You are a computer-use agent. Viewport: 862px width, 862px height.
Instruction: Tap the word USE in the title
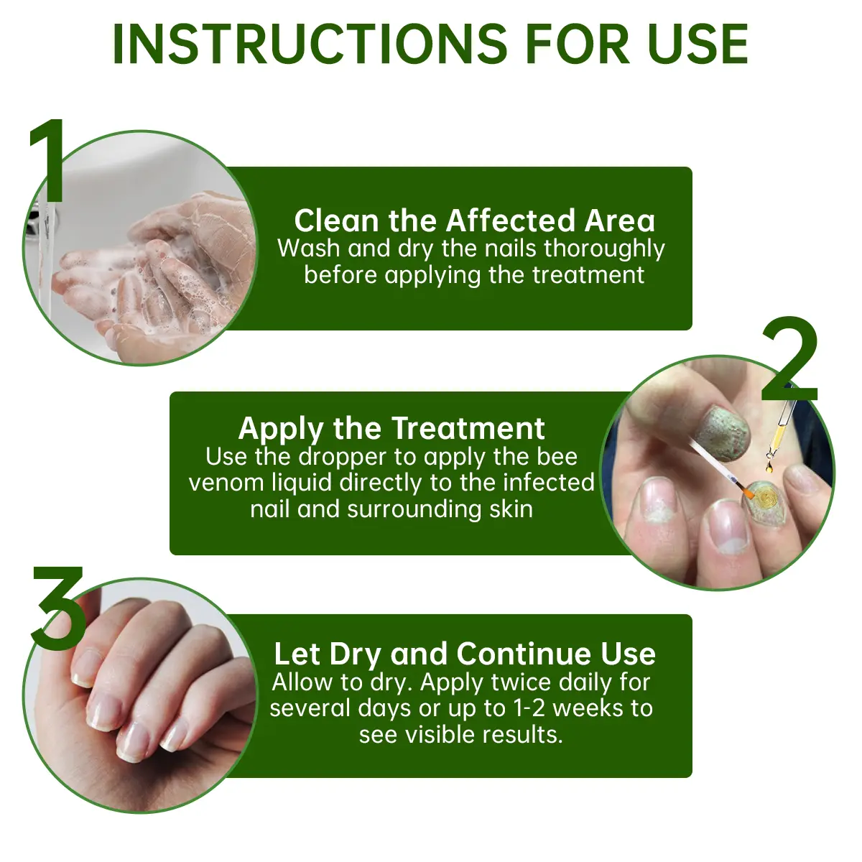tap(698, 45)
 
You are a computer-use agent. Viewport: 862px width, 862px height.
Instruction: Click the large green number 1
tap(49, 162)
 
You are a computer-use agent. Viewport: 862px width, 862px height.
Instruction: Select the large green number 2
tap(789, 361)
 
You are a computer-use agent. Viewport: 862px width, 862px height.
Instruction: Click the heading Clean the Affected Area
tap(474, 221)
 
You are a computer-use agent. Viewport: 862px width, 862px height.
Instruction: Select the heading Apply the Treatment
tap(391, 428)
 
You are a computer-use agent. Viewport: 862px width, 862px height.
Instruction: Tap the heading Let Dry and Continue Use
tap(465, 654)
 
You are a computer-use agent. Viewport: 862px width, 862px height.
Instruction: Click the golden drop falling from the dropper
tap(770, 468)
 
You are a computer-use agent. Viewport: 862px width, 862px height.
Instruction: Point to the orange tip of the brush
tap(746, 493)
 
